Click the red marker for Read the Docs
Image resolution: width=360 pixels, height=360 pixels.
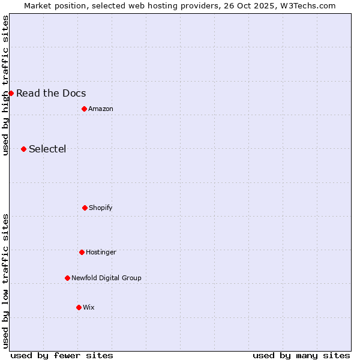pos(11,93)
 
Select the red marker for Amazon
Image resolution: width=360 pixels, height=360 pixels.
pos(84,109)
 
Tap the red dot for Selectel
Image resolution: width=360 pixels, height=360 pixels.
pos(23,149)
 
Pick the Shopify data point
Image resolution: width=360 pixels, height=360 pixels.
pos(85,208)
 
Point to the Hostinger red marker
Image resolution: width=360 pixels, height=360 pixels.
pos(82,252)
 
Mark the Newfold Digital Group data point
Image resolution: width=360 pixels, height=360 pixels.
pos(67,278)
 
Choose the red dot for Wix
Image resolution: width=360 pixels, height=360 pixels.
pos(79,307)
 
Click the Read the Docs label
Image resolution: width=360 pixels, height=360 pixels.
pos(51,93)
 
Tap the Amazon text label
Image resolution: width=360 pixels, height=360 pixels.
pos(101,109)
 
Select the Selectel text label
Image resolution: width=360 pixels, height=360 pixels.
pos(47,149)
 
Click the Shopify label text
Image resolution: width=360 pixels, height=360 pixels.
pos(101,208)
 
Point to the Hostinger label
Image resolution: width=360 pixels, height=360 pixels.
pos(101,252)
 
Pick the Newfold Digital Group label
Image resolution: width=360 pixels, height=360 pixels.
pos(106,278)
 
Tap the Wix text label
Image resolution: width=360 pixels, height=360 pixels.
pos(89,307)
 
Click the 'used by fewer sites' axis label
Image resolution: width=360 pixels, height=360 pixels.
pos(62,355)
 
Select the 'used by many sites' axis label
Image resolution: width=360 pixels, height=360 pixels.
pos(301,355)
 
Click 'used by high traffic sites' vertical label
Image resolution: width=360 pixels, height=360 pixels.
pos(5,85)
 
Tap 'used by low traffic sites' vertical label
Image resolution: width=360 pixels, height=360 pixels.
pos(5,280)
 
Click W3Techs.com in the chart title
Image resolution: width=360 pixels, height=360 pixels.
pos(309,5)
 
